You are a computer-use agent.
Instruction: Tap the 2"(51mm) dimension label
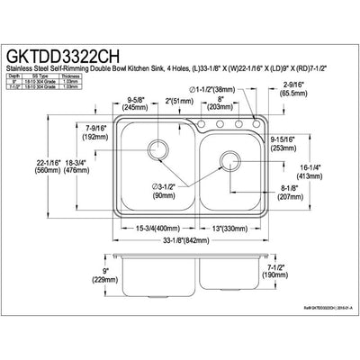(x=176, y=100)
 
